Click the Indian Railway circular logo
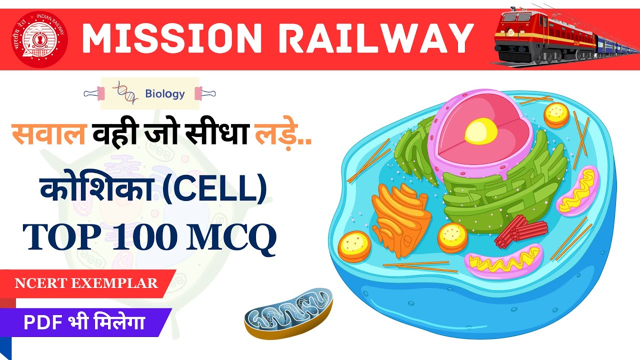click(x=39, y=39)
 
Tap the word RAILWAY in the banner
click(x=373, y=38)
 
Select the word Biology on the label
click(x=164, y=93)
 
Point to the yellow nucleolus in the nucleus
click(x=480, y=130)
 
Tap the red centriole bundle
click(x=520, y=230)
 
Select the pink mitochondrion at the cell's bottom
click(x=503, y=260)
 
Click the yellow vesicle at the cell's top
click(x=556, y=114)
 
